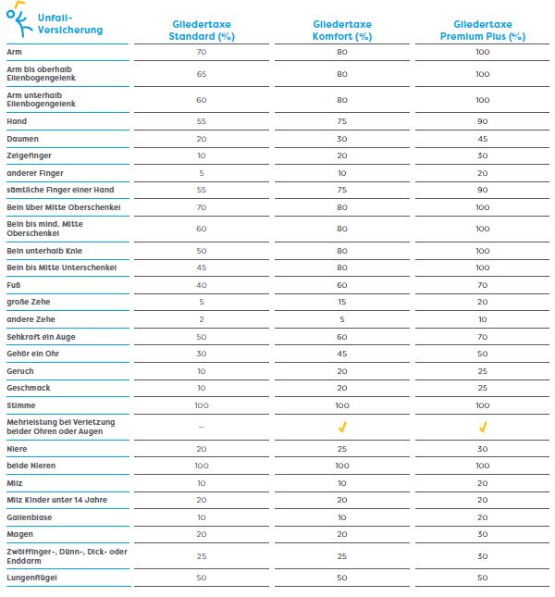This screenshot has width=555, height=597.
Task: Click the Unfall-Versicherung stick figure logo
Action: pos(19,19)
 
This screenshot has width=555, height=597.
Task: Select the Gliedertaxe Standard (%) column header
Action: pos(202,30)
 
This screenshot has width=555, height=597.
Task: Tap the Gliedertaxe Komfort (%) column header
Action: pos(342,30)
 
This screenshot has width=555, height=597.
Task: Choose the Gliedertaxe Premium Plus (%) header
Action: pos(483,30)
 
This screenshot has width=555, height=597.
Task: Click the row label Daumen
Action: pos(22,139)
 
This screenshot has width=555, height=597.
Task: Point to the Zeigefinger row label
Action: pos(29,155)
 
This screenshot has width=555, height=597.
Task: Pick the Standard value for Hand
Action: pos(202,121)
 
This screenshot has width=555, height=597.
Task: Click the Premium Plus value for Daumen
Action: pos(483,139)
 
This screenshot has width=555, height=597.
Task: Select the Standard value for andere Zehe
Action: pos(202,319)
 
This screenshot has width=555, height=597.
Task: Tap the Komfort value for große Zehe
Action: pos(342,302)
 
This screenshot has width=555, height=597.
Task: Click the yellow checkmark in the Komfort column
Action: pos(342,428)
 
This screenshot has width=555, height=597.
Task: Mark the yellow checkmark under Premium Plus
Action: pos(483,428)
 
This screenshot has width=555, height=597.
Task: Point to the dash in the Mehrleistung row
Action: pos(202,428)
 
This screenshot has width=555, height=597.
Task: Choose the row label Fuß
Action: pos(13,285)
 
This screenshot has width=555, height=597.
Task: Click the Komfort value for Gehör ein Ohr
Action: pos(342,354)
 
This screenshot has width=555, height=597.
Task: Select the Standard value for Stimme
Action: pos(202,405)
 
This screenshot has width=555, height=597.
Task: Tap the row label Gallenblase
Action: pos(30,517)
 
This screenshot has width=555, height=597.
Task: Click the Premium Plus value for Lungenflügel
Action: pos(483,578)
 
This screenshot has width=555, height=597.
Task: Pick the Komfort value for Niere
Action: pos(342,449)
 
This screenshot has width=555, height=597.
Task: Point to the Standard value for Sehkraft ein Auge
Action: pos(202,337)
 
